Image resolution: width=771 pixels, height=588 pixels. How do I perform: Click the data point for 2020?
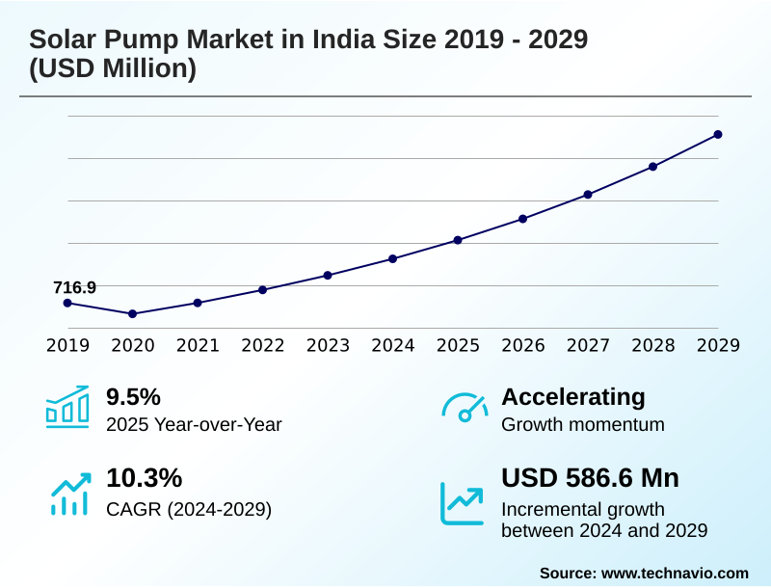(132, 313)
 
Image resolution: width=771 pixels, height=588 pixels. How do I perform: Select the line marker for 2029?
(718, 134)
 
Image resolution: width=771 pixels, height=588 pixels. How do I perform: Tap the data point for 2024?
(392, 258)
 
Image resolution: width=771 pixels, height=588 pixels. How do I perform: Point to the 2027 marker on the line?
(588, 195)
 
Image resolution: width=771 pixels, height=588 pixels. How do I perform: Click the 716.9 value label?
(74, 287)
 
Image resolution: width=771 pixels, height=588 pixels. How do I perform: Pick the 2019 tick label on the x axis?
(67, 346)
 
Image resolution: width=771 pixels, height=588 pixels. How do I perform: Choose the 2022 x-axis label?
(262, 346)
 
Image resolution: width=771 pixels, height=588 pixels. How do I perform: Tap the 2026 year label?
(522, 346)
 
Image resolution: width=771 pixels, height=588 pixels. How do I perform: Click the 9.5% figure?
(133, 396)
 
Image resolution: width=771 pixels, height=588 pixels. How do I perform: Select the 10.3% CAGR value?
(144, 478)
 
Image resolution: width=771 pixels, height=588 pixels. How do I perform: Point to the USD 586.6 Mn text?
(590, 478)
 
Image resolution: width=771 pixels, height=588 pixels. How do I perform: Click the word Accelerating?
(573, 396)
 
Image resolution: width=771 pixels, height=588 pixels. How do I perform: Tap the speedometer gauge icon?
(465, 408)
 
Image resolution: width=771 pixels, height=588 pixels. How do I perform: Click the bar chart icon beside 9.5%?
(67, 407)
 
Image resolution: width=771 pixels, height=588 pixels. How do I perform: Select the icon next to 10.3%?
(67, 492)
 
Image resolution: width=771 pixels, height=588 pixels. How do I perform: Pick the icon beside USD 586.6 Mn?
(463, 502)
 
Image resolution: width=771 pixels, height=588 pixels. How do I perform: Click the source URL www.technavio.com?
(675, 573)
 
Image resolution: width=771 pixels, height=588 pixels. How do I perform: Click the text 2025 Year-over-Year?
(194, 424)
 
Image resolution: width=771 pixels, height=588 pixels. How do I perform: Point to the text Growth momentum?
(583, 424)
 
